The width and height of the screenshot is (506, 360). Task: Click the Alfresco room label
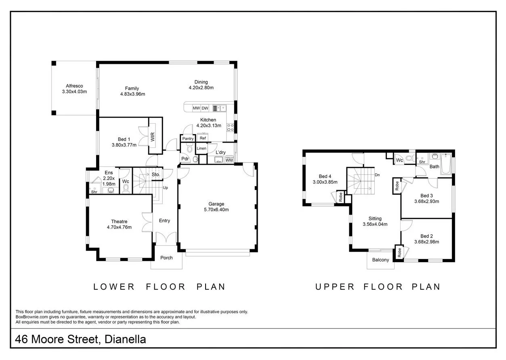(x=74, y=86)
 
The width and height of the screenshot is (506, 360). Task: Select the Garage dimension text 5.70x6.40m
(x=216, y=210)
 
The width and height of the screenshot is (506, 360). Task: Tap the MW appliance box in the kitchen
(x=196, y=108)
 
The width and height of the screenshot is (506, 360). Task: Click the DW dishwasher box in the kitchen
(x=205, y=108)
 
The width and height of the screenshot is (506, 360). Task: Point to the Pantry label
(x=188, y=139)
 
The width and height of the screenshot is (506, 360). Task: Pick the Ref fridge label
(x=203, y=138)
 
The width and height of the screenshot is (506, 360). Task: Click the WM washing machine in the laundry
(x=229, y=160)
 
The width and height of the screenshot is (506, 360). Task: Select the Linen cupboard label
(x=202, y=148)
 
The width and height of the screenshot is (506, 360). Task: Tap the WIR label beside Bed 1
(x=153, y=137)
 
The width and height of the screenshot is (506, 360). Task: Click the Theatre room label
(x=119, y=221)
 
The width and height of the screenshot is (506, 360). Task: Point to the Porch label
(x=166, y=258)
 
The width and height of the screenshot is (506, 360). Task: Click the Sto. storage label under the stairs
(x=156, y=175)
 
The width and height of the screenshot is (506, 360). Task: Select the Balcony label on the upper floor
(x=380, y=260)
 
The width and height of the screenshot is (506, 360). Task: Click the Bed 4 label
(x=325, y=176)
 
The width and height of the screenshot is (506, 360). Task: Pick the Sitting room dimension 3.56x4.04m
(x=375, y=224)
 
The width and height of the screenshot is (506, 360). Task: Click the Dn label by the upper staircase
(x=377, y=175)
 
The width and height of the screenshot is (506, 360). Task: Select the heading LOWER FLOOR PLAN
(x=159, y=287)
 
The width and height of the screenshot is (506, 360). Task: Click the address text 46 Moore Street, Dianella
(x=80, y=339)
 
